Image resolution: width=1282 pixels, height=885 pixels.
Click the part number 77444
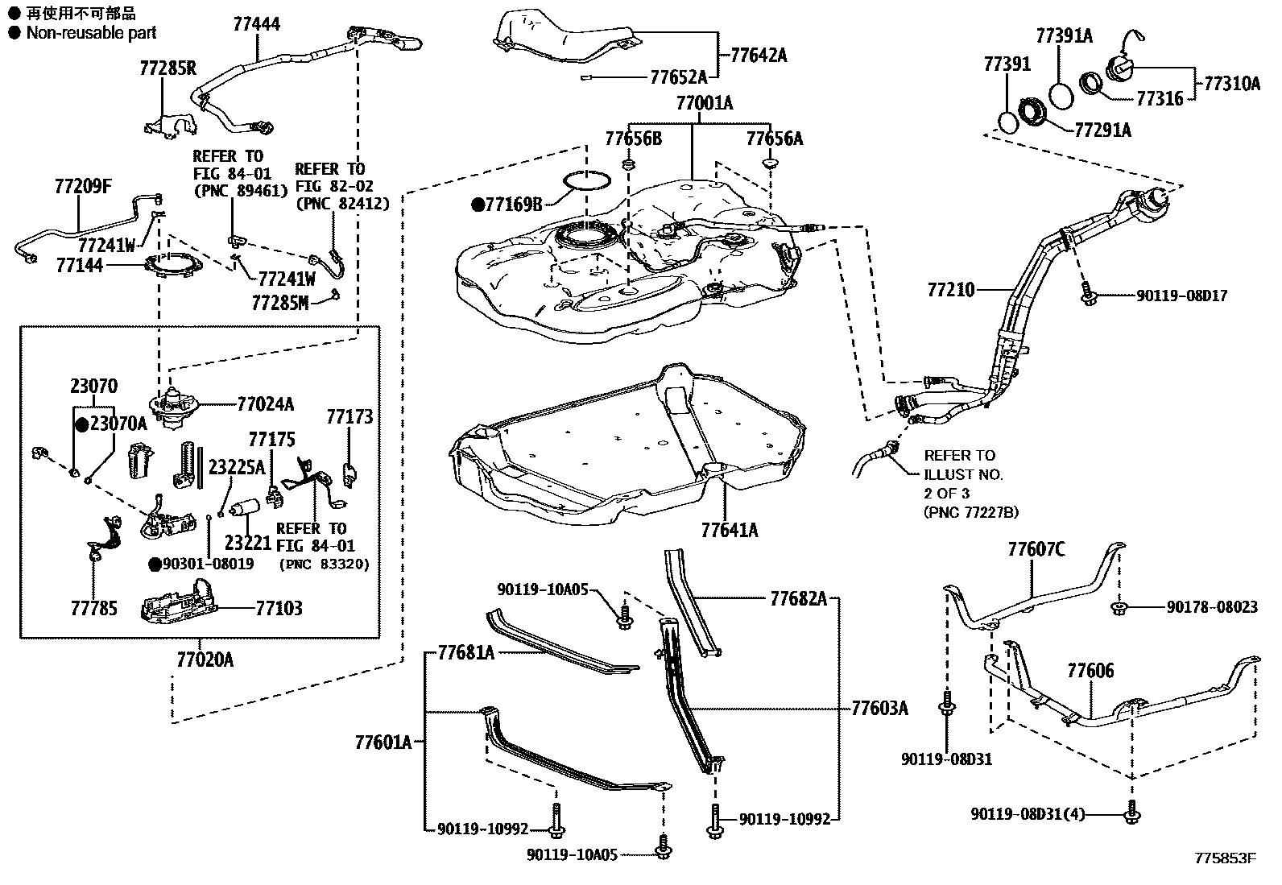[256, 24]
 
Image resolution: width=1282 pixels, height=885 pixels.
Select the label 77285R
[167, 68]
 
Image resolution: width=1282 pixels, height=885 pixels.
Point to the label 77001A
[704, 103]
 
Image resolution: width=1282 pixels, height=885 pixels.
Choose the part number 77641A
[729, 530]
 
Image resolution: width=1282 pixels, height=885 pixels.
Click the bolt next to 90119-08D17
[1087, 295]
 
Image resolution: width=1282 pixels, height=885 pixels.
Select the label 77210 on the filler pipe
[950, 288]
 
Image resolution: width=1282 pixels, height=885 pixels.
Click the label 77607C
[1036, 549]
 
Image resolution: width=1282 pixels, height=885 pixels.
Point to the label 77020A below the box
[205, 660]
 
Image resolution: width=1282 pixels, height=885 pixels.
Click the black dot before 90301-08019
[154, 564]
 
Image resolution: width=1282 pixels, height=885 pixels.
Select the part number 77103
[279, 608]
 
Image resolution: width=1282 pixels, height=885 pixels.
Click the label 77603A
[879, 708]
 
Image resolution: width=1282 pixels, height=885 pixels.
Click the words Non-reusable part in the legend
[91, 33]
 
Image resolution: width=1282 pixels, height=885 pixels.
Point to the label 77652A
[678, 77]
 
